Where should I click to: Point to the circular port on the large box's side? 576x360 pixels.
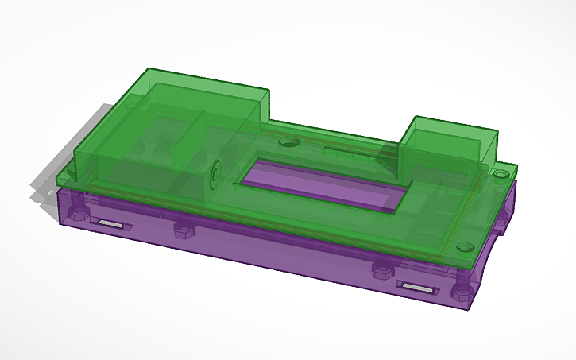point(215,172)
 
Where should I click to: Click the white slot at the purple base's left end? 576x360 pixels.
point(111,225)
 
